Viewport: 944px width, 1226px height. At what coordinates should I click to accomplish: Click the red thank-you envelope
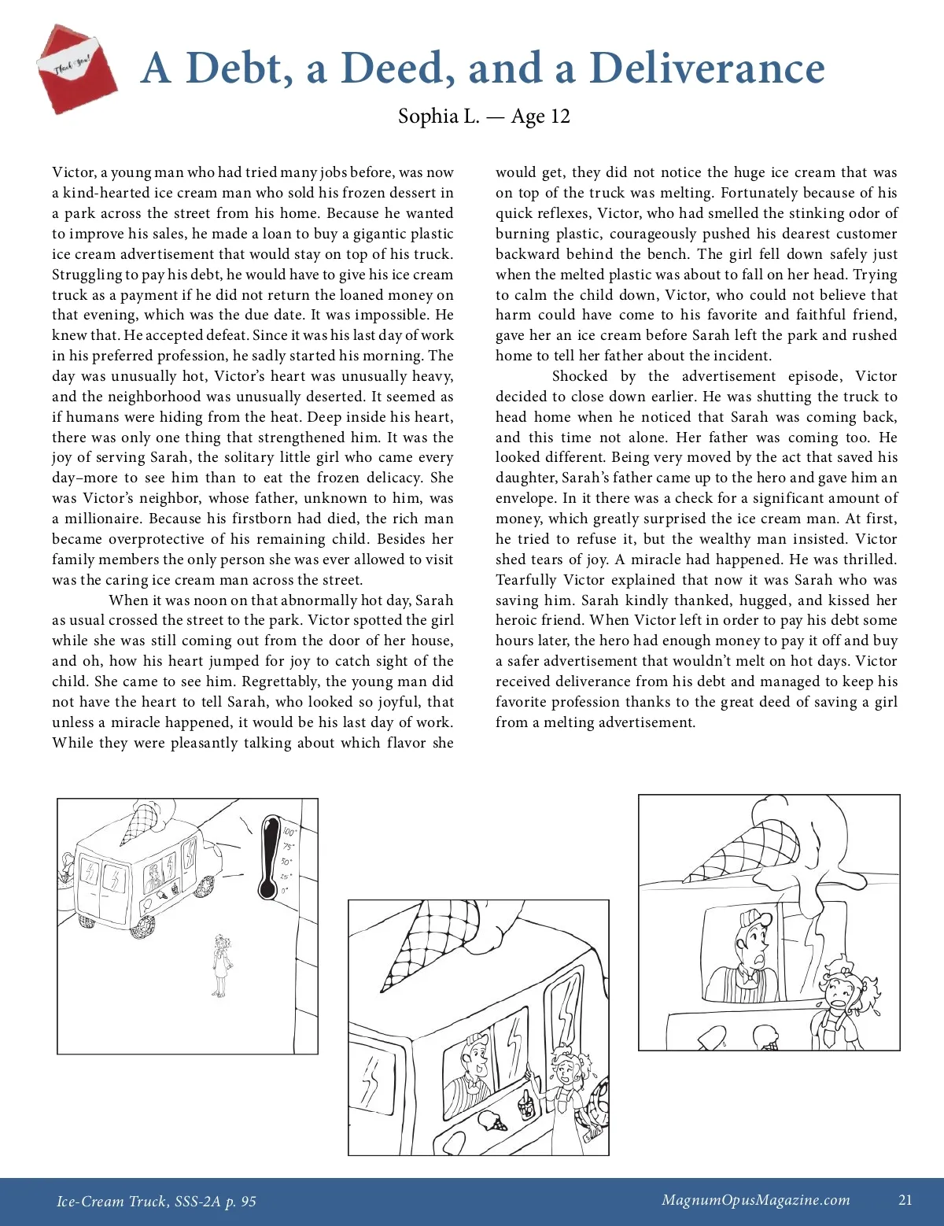coord(76,69)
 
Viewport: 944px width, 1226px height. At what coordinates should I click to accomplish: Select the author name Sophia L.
coord(438,116)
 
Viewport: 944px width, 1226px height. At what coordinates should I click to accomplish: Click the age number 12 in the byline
coord(559,116)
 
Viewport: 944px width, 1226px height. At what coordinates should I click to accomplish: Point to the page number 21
coord(905,1200)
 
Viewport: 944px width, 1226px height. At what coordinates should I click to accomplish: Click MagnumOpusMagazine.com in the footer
coord(755,1200)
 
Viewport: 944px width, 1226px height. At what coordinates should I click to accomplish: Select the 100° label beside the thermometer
coord(289,833)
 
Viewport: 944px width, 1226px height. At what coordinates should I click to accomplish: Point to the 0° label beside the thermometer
coord(286,891)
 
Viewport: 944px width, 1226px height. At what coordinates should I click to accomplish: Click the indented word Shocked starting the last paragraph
coord(580,376)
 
